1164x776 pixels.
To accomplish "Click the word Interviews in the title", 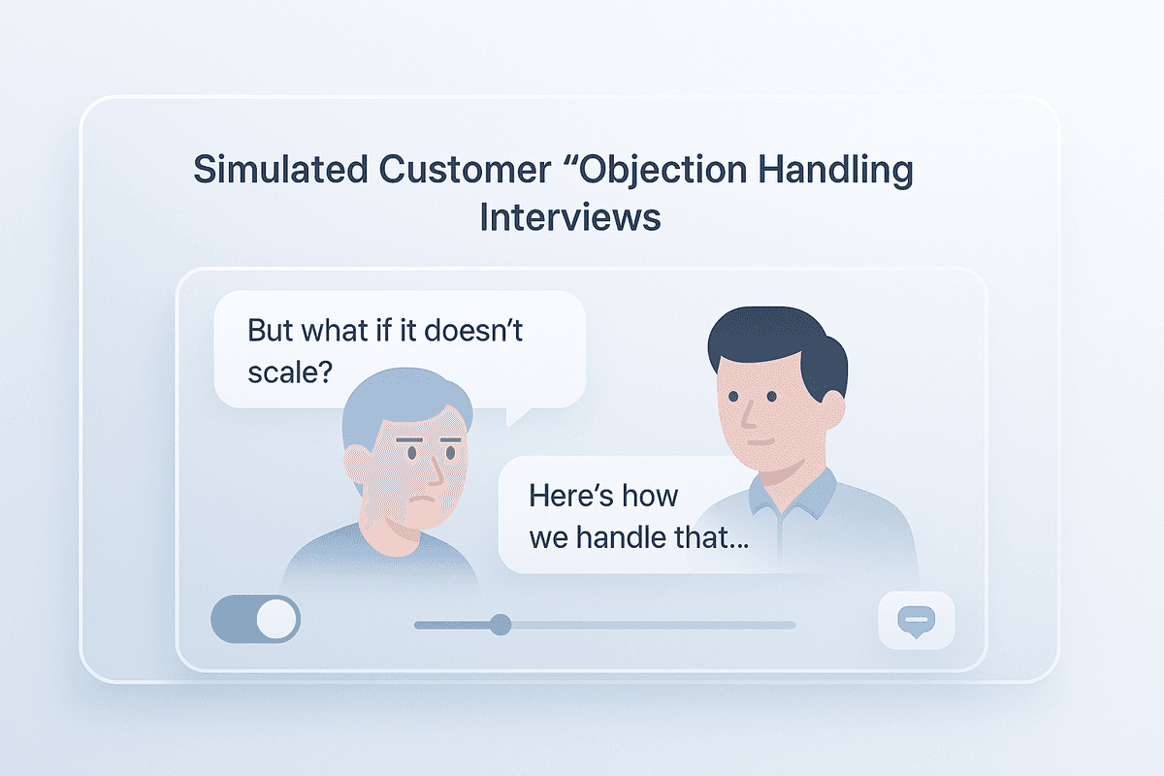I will coord(570,216).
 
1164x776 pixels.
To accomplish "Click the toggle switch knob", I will coord(277,619).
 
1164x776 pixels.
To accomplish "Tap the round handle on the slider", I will coord(501,625).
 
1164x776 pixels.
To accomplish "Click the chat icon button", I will coord(916,620).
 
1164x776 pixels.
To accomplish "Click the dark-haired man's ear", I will coord(828,407).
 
